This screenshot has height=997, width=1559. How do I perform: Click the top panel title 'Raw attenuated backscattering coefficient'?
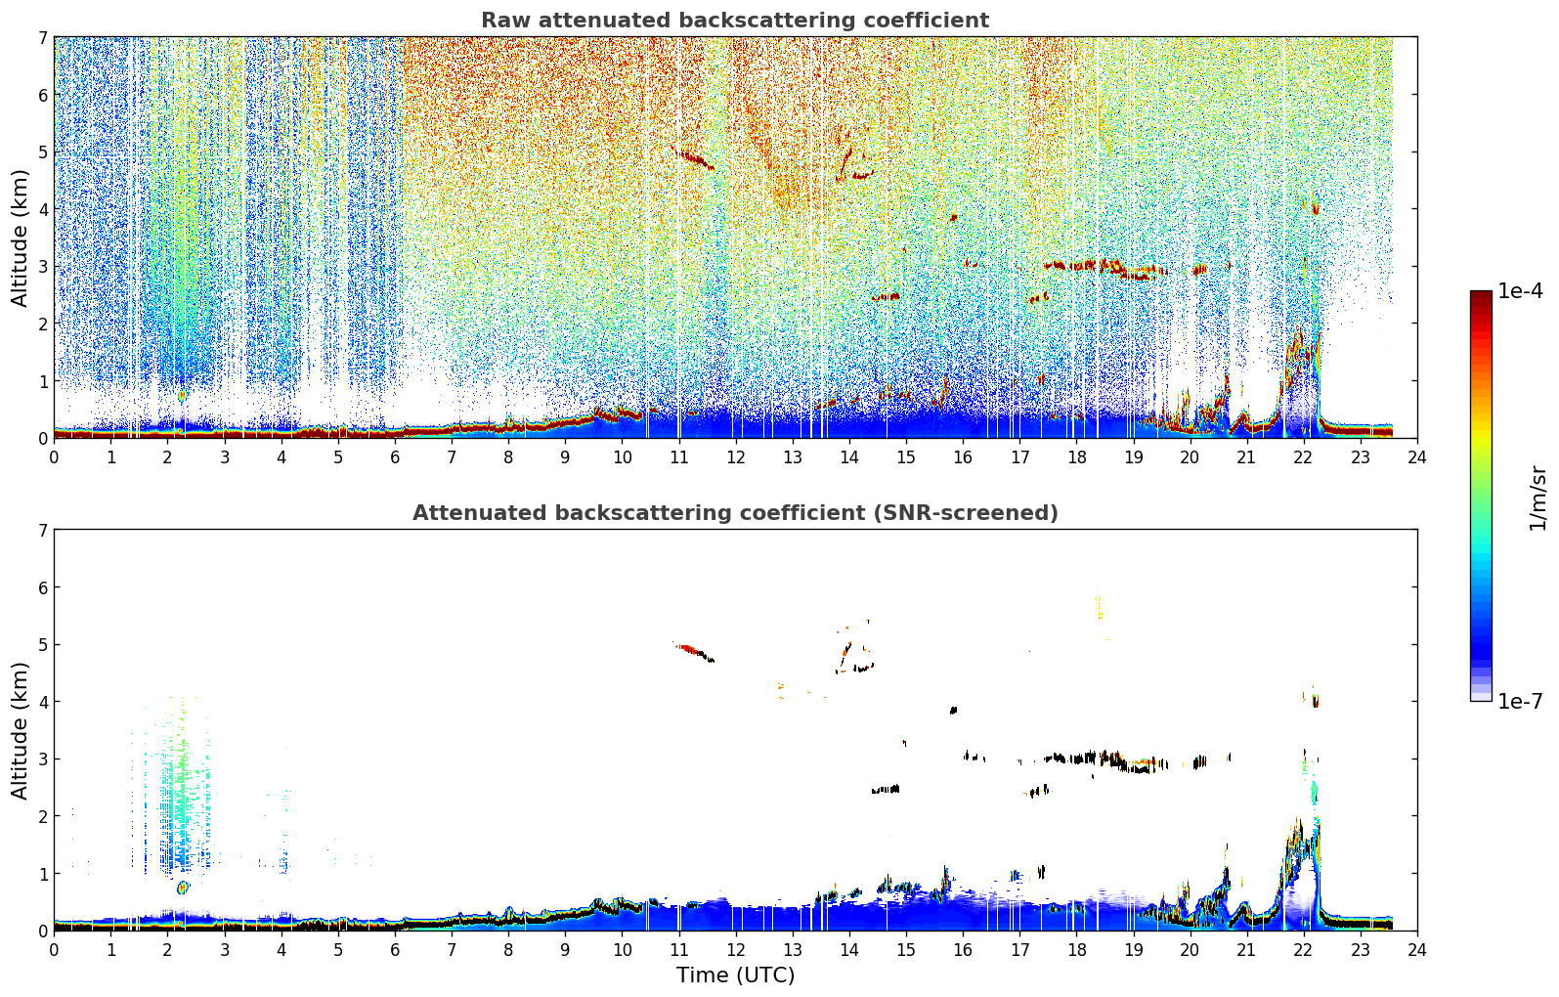click(735, 21)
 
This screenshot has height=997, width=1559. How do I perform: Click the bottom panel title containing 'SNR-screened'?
click(735, 513)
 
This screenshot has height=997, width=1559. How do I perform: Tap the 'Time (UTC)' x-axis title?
click(735, 975)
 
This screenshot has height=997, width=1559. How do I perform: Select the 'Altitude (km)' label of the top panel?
click(20, 238)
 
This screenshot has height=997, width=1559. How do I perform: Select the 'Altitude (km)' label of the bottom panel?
click(20, 730)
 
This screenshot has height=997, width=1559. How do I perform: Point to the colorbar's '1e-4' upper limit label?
click(1520, 291)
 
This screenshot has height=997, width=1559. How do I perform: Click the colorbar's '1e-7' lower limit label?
click(1520, 701)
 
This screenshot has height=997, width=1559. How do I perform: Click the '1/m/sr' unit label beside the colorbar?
click(1537, 498)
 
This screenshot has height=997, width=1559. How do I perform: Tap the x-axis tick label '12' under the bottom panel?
click(736, 950)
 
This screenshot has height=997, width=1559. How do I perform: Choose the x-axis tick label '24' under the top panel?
click(1417, 457)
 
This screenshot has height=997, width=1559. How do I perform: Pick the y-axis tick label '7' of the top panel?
click(43, 37)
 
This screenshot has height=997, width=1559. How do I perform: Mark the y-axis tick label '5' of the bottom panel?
click(43, 645)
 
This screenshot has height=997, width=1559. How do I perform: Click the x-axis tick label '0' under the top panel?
click(55, 457)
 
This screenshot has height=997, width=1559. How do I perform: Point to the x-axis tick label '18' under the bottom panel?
click(1077, 950)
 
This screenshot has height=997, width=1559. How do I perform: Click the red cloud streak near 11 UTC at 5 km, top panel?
click(694, 159)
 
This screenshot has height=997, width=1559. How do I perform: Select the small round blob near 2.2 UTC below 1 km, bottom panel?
click(183, 888)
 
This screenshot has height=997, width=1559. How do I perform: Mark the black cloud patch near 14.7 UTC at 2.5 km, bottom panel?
click(886, 790)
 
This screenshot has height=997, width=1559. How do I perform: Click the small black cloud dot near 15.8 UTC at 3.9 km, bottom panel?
click(954, 711)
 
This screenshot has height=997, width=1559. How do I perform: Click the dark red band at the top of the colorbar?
click(1481, 295)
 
